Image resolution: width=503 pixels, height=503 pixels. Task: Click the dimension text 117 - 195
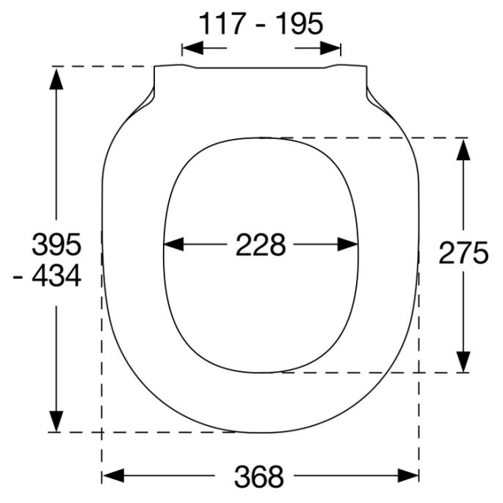coord(261,24)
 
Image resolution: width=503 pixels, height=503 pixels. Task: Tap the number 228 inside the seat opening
coord(260,245)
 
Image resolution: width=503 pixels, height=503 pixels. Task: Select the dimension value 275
coord(463,253)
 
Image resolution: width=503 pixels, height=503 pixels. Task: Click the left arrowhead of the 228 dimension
coord(172,245)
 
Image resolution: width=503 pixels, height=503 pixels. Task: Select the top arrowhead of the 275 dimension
coord(463,147)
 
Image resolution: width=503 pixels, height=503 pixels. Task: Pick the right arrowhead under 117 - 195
coord(332,48)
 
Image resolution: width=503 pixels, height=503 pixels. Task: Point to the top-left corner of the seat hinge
coord(154,68)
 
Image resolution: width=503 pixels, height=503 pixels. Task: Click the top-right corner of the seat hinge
coord(366,68)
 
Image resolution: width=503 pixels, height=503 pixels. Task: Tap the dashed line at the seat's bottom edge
coord(147,432)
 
